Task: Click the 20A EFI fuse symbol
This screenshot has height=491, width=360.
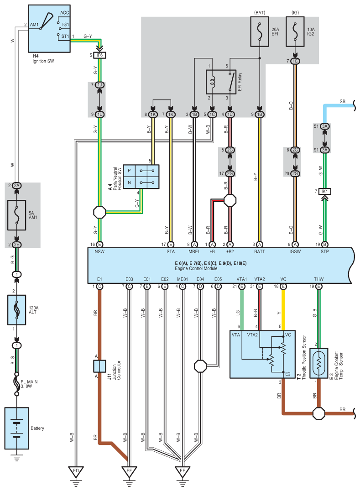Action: pyautogui.click(x=260, y=31)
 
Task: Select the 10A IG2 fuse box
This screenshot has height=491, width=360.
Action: pyautogui.click(x=295, y=31)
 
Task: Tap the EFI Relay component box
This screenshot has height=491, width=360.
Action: pyautogui.click(x=221, y=82)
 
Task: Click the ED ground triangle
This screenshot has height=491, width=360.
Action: pyautogui.click(x=76, y=471)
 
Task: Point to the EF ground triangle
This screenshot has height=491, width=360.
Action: pyautogui.click(x=129, y=471)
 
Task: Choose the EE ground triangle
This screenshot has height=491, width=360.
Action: pyautogui.click(x=182, y=471)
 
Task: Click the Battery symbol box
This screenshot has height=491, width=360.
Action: pyautogui.click(x=16, y=428)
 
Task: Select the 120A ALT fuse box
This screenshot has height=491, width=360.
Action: pyautogui.click(x=16, y=310)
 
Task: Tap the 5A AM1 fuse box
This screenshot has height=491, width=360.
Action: pyautogui.click(x=16, y=215)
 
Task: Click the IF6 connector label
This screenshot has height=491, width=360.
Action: pyautogui.click(x=99, y=55)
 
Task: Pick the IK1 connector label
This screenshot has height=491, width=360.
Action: pyautogui.click(x=324, y=191)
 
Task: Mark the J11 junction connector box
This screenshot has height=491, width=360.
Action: pyautogui.click(x=99, y=366)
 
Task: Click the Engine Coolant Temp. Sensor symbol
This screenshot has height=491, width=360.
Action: pyautogui.click(x=318, y=363)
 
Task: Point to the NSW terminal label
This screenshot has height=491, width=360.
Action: pyautogui.click(x=99, y=251)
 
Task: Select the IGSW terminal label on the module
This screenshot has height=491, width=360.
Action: pyautogui.click(x=295, y=251)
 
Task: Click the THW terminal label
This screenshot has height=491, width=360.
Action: pyautogui.click(x=318, y=279)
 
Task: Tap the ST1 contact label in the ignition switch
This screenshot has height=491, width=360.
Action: pyautogui.click(x=65, y=37)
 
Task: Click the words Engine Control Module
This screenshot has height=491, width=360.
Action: pyautogui.click(x=196, y=268)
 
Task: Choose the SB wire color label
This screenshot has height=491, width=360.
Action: pyautogui.click(x=343, y=101)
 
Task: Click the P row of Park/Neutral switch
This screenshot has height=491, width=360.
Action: pyautogui.click(x=141, y=171)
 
